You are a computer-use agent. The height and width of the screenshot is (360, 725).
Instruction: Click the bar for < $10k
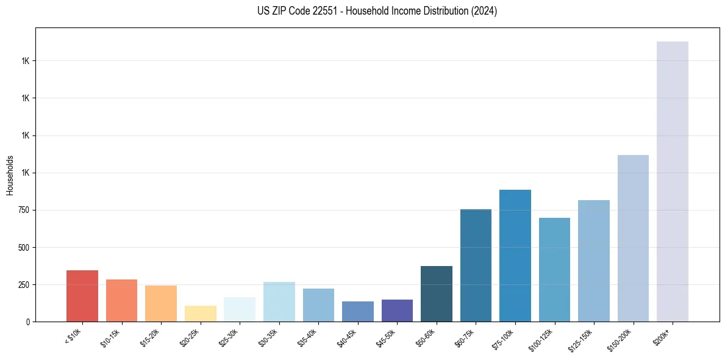coord(82,296)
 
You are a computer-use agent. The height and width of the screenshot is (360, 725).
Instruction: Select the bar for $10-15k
coord(121,300)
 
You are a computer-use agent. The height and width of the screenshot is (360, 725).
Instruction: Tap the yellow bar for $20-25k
coord(200,314)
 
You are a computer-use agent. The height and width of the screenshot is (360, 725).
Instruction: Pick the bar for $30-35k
coord(279,301)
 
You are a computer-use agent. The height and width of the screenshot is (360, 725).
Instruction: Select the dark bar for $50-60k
coord(437,293)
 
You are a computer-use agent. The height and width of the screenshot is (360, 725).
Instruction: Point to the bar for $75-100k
coord(515,256)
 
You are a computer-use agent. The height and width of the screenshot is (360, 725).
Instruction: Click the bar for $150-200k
coord(633,238)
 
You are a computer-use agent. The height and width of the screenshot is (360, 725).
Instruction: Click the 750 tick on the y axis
coord(23,210)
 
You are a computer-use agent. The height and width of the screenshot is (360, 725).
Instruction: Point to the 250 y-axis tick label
coord(23,284)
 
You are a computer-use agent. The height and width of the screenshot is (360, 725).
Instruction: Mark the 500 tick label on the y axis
coord(23,247)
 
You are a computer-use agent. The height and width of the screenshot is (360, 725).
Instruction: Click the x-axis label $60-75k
coord(465,337)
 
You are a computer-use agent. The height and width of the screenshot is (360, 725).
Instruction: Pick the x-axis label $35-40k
coord(308,337)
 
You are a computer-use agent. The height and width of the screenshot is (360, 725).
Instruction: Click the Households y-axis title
coord(10,175)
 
